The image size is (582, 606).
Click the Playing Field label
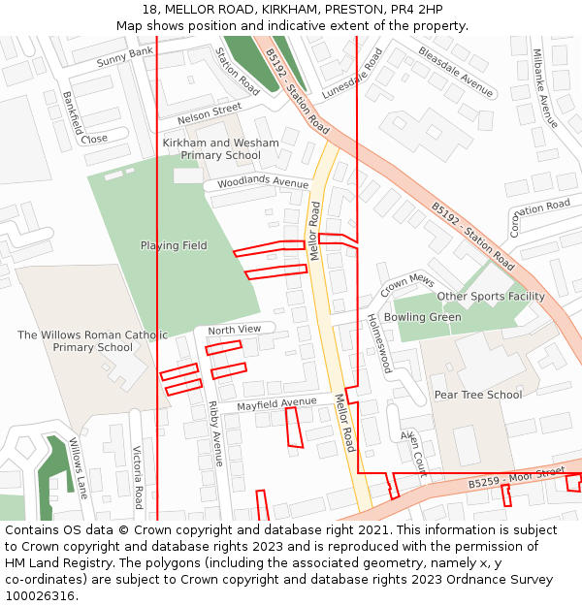tap(174, 246)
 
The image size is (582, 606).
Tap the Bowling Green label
tap(423, 317)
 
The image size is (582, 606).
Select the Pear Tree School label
tap(477, 395)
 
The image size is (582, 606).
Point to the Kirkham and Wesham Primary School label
tap(220, 149)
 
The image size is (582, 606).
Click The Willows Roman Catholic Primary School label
tap(93, 341)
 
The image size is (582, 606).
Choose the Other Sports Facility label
tap(491, 297)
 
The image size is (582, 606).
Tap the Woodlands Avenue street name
tap(263, 182)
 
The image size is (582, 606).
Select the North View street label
tap(235, 331)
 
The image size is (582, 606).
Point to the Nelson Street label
tap(210, 114)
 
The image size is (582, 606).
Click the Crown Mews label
tap(407, 284)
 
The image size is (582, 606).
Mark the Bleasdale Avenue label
tap(456, 72)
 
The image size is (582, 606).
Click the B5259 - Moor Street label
tap(516, 477)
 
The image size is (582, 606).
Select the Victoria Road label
tap(138, 477)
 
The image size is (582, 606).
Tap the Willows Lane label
tap(78, 468)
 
